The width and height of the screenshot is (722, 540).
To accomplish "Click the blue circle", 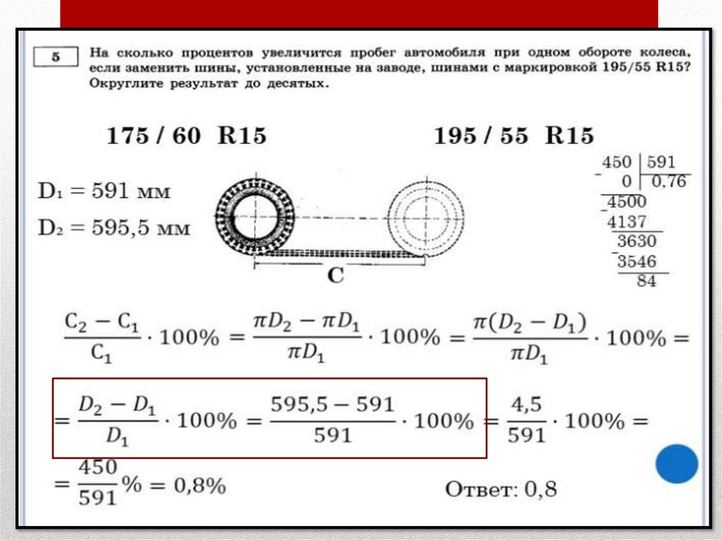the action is coord(676,464).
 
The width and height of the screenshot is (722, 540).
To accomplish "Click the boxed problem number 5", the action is coord(56,57).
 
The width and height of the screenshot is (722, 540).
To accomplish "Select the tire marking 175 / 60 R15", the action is coord(186,136).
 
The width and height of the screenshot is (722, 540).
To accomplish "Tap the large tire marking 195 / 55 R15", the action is coord(514,136).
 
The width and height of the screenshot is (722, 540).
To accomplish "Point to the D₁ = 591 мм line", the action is coord(104,191).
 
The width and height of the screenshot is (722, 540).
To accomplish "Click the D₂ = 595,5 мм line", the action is coord(114,227).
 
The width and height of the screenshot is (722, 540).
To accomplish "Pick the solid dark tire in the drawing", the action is coord(255,217).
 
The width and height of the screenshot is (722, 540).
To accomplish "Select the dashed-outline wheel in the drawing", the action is coord(425,218).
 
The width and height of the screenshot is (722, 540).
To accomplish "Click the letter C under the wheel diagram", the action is coord(336,276).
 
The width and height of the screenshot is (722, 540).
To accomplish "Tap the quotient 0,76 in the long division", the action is coord(668,182).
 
